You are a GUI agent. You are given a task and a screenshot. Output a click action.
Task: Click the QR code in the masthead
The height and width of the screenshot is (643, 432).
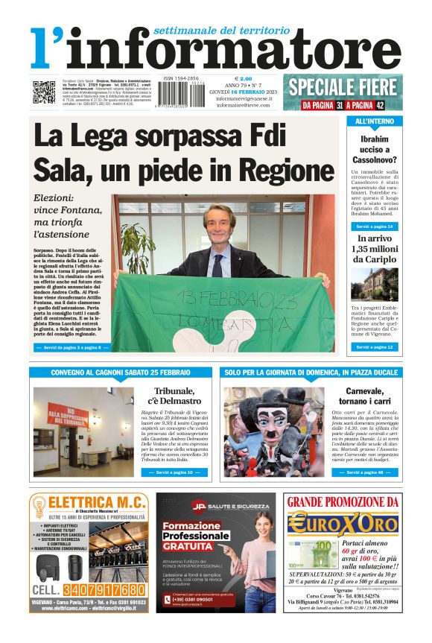44,91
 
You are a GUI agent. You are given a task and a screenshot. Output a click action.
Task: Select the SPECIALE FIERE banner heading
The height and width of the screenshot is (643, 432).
343,86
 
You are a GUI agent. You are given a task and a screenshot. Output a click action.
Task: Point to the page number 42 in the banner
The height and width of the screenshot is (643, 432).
380,105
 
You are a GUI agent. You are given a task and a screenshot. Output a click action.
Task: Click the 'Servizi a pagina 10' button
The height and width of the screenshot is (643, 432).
174,472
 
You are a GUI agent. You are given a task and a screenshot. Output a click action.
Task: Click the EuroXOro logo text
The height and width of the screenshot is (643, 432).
343,523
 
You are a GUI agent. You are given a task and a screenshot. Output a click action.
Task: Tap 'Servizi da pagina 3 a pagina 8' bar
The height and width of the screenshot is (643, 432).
72,347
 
